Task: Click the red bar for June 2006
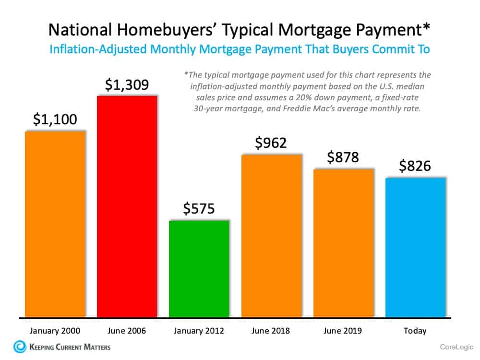pos(127,206)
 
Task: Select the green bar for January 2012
pos(199,269)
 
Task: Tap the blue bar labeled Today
pos(415,247)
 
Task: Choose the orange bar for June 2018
pos(271,236)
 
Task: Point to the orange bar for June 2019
pos(343,243)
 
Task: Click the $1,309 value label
pos(127,85)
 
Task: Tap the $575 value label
pos(199,209)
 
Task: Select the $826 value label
pos(415,166)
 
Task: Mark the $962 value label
pos(271,143)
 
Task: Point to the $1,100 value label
pos(55,120)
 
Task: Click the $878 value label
pos(343,157)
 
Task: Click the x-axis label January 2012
pos(199,331)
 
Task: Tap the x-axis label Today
pos(415,331)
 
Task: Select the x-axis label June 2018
pos(271,331)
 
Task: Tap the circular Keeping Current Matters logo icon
pos(20,347)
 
